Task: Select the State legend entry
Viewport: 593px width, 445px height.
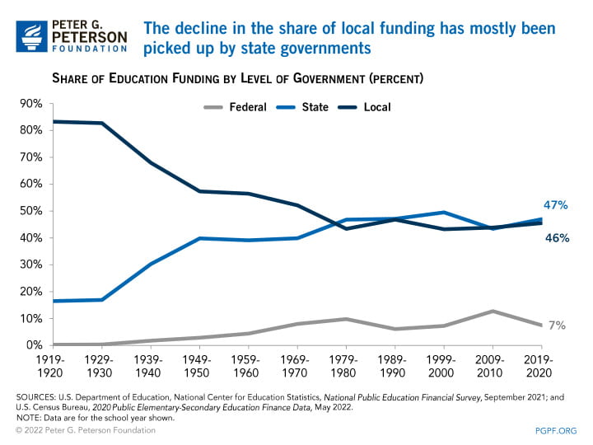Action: (x=315, y=107)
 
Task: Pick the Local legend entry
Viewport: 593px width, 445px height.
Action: (x=376, y=107)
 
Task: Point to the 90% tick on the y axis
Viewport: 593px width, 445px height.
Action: (x=31, y=104)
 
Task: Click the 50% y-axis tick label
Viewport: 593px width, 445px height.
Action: (x=31, y=211)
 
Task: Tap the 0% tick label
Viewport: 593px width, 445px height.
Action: (x=35, y=344)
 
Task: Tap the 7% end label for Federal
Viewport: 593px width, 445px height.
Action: (x=558, y=326)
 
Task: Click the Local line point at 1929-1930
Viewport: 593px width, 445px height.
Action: (x=102, y=124)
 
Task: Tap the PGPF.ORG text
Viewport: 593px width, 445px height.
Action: (x=556, y=431)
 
